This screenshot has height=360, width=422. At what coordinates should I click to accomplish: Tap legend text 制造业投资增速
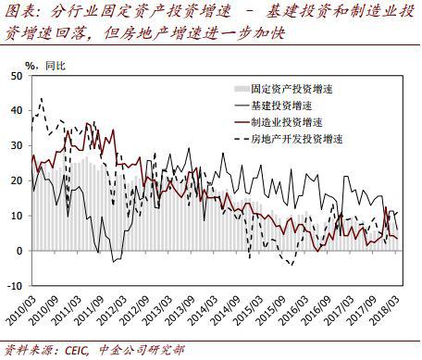286,121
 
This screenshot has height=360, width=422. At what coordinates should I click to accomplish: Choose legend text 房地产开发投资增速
296,139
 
